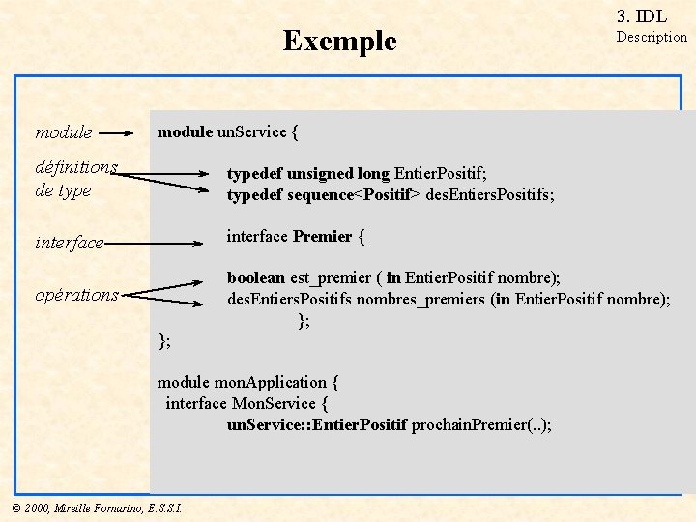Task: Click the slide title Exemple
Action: pyautogui.click(x=339, y=41)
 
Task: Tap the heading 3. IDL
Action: pyautogui.click(x=641, y=15)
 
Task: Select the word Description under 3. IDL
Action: pyautogui.click(x=652, y=37)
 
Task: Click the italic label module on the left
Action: pyautogui.click(x=64, y=132)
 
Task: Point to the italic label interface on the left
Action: pyautogui.click(x=69, y=243)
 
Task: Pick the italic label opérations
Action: pyautogui.click(x=76, y=295)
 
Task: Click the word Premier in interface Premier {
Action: pyautogui.click(x=322, y=236)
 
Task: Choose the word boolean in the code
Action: pyautogui.click(x=255, y=278)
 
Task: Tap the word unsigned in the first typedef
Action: pyautogui.click(x=320, y=174)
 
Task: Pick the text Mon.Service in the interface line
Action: pyautogui.click(x=274, y=403)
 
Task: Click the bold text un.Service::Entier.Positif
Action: pyautogui.click(x=317, y=424)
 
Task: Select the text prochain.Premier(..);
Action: pyautogui.click(x=481, y=424)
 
